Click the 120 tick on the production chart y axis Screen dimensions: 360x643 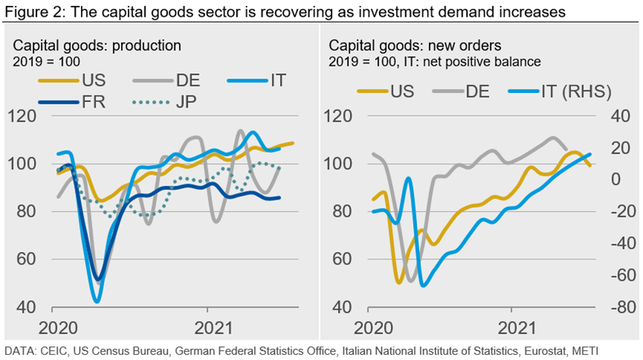click(28, 116)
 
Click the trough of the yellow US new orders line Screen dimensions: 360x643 click(399, 282)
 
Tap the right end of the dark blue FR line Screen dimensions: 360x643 click(280, 197)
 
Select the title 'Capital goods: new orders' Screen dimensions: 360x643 click(405, 45)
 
